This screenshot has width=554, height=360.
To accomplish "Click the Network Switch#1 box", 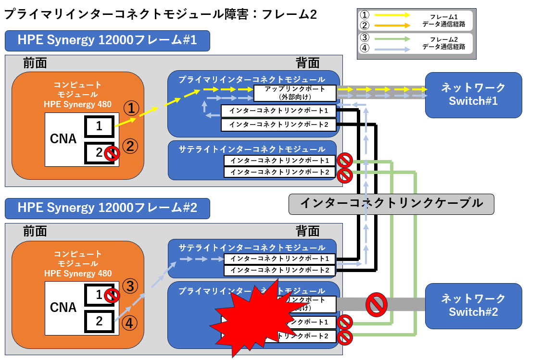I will tap(473, 95).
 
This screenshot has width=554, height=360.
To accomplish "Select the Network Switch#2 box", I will tap(473, 306).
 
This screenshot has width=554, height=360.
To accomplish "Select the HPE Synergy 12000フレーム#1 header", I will tap(107, 41).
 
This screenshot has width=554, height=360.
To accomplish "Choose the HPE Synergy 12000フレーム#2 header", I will tap(107, 208).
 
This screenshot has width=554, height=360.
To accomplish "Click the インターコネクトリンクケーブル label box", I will tap(391, 204).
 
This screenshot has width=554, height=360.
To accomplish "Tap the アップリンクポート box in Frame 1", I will tap(295, 93).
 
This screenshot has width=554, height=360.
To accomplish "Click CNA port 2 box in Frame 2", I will tap(99, 321).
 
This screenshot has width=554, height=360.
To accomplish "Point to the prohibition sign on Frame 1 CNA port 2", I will tap(112, 154).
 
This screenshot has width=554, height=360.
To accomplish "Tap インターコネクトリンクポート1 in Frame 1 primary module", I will tap(278, 111).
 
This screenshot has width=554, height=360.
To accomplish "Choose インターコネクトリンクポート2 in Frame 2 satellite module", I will tap(279, 271).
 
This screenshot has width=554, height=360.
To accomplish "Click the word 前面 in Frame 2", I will tap(35, 231).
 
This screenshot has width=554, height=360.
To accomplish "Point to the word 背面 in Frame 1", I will tap(308, 63).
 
